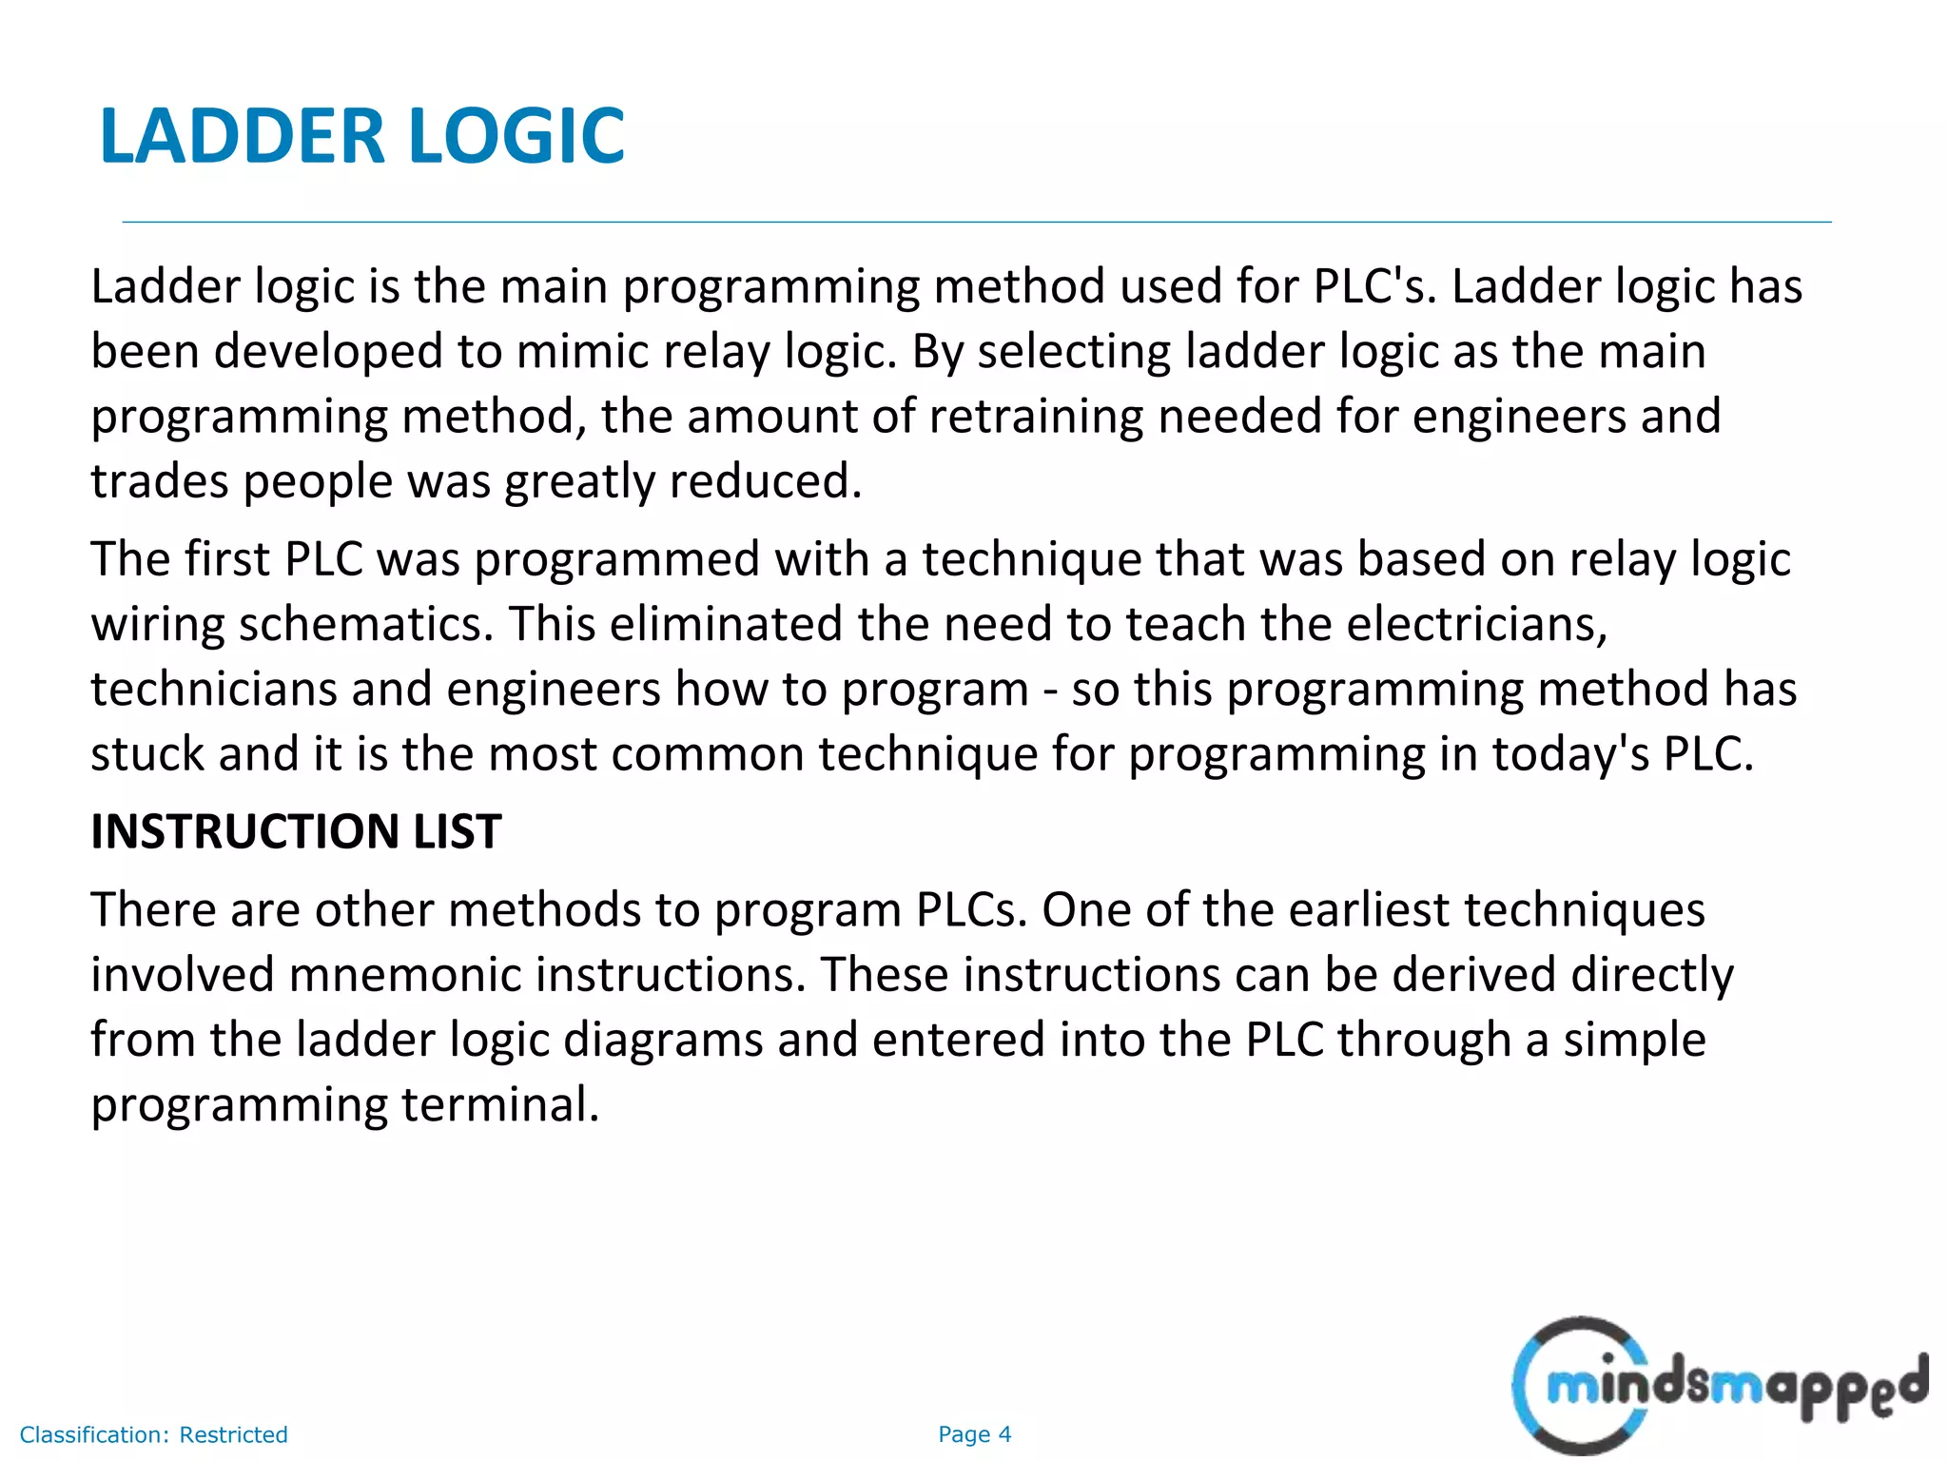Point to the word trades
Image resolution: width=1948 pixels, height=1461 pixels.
[x=159, y=481]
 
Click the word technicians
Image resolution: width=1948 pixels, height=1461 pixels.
[x=214, y=690]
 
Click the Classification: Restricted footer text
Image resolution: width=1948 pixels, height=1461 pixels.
[x=153, y=1434]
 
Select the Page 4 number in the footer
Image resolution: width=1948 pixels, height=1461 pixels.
[x=974, y=1434]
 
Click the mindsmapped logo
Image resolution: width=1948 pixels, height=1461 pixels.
[x=1720, y=1386]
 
